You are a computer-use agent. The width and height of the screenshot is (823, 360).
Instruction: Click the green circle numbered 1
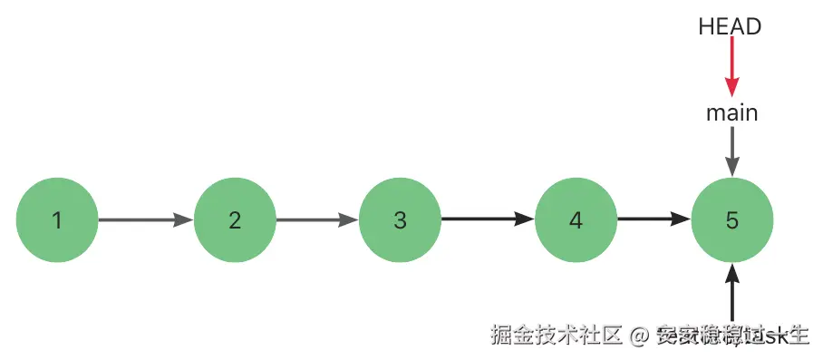[x=57, y=219]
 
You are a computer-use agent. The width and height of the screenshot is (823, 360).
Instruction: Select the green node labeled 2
[x=235, y=219]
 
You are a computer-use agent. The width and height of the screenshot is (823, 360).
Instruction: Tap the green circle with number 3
[x=400, y=219]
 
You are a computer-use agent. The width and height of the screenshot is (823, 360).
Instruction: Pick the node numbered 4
[x=576, y=219]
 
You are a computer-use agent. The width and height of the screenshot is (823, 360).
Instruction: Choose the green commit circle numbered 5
[x=731, y=219]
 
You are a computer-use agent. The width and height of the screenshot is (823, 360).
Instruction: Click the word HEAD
[x=730, y=27]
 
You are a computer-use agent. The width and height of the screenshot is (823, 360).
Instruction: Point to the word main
[x=731, y=113]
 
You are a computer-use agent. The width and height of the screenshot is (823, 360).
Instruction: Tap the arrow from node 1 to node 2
[x=145, y=219]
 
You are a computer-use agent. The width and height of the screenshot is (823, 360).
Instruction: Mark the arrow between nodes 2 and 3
[x=317, y=219]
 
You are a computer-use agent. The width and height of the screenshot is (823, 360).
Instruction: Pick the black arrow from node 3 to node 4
[x=487, y=219]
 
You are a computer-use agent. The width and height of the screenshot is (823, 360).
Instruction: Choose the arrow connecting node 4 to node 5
[x=654, y=219]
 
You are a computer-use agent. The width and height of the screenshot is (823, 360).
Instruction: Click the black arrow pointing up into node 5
[x=731, y=290]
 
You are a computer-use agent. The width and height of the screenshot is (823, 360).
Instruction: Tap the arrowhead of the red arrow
[x=731, y=88]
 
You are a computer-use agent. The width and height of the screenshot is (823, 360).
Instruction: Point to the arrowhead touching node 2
[x=185, y=219]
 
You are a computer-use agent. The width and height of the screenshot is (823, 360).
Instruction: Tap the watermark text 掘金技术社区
[x=555, y=336]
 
